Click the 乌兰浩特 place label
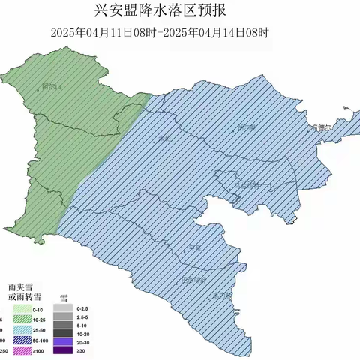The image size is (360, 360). tap(245, 184)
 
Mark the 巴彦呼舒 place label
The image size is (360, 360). tap(193, 279)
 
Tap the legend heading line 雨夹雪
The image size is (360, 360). tap(18, 286)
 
